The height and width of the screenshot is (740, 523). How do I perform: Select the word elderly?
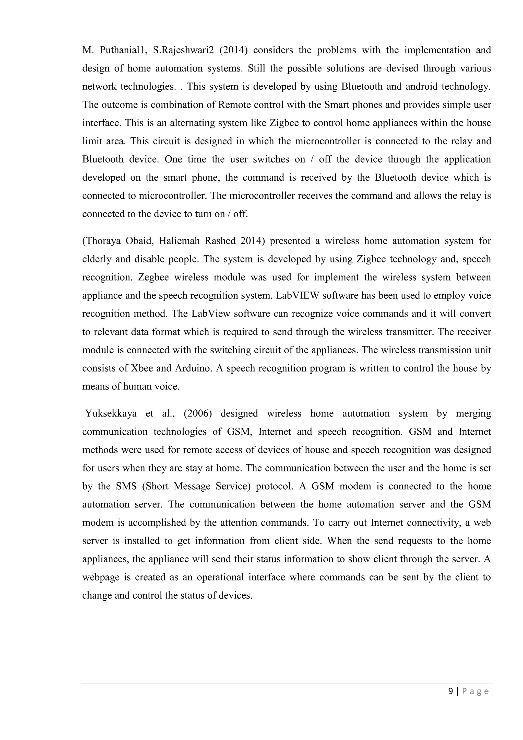click(x=96, y=259)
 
